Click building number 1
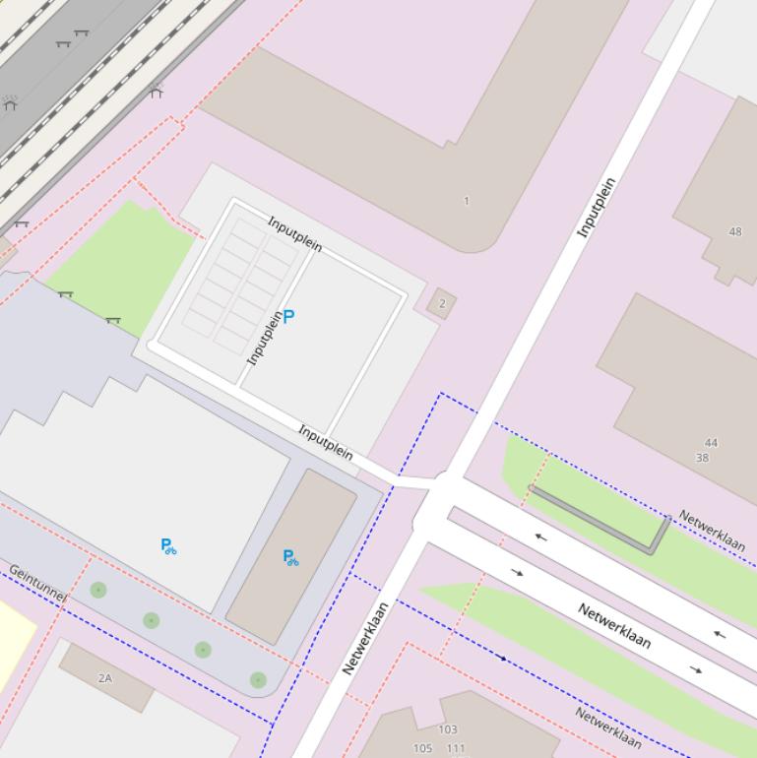pos(467,201)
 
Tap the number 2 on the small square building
pos(442,303)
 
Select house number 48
pos(735,232)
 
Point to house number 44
pos(711,443)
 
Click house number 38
pos(702,458)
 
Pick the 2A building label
pos(105,678)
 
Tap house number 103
pos(448,729)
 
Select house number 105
pos(422,748)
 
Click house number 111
pos(455,748)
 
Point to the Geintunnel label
pos(37,583)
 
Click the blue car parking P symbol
pos(288,316)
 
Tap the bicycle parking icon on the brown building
pos(290,557)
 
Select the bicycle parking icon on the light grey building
pos(168,545)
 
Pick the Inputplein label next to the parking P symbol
pos(264,338)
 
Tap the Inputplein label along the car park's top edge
pos(294,233)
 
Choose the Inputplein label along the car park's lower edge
pos(325,443)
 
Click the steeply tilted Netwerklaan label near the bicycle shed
pos(365,638)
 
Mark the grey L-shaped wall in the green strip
pos(600,520)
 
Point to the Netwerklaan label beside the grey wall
pos(712,532)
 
